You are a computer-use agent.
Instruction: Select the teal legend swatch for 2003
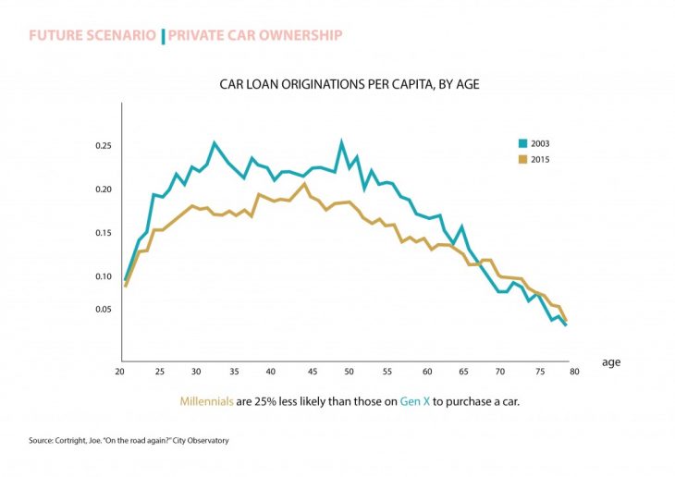[x=522, y=143]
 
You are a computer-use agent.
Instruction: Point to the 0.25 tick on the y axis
[x=102, y=146]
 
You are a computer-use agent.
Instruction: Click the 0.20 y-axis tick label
[x=102, y=190]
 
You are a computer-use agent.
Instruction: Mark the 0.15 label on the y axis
[x=102, y=233]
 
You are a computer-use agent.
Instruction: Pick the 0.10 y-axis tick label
[x=102, y=276]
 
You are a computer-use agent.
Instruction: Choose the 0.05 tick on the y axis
[x=102, y=309]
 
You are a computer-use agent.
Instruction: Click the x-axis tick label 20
[x=119, y=372]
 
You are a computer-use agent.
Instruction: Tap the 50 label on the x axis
[x=348, y=372]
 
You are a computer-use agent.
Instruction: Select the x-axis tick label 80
[x=574, y=372]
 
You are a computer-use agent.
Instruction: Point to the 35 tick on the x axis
[x=234, y=372]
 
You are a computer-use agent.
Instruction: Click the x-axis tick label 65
[x=461, y=372]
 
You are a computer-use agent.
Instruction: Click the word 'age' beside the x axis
[x=611, y=362]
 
